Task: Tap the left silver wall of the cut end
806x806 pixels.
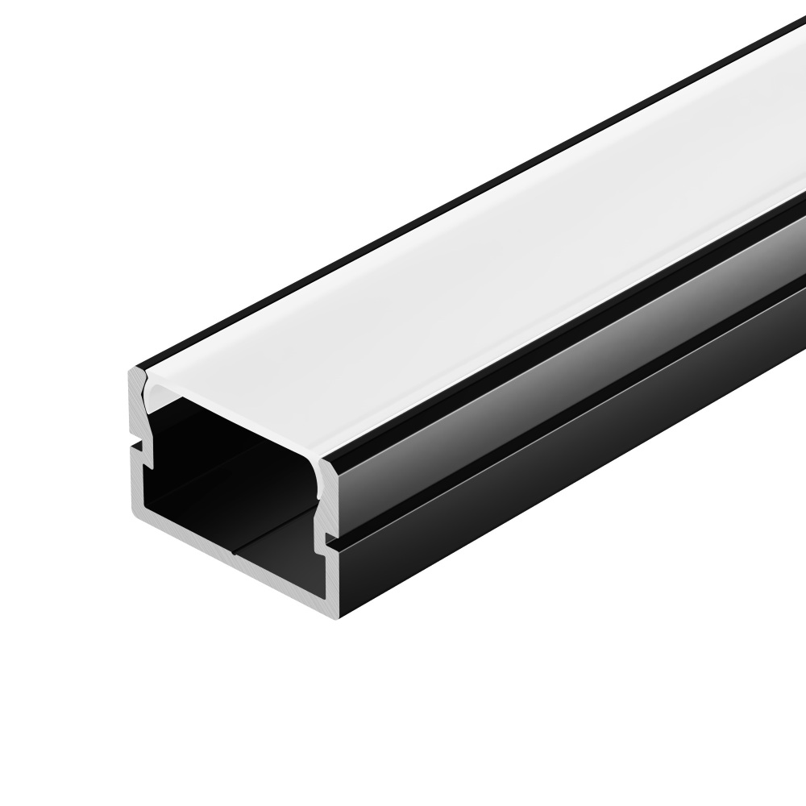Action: tap(135, 476)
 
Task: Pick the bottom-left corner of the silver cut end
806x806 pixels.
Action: tap(133, 512)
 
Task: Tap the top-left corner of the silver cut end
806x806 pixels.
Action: tap(131, 372)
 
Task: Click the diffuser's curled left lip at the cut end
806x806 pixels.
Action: tap(148, 387)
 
